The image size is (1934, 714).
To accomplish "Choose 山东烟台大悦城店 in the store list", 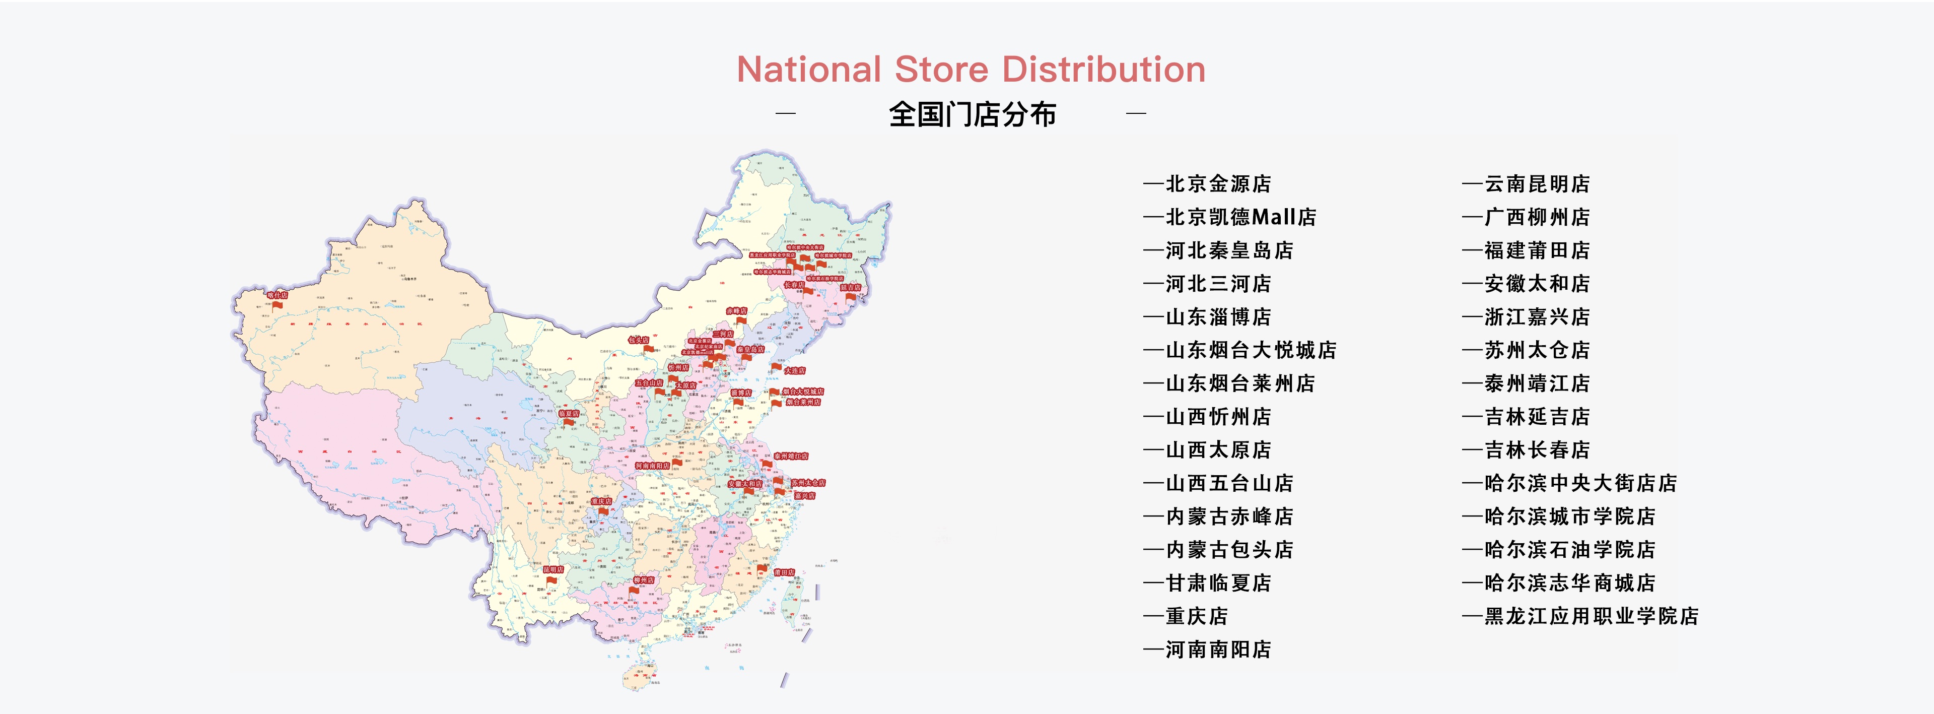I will pos(1250,350).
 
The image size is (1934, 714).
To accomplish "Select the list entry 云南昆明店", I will pos(1536,184).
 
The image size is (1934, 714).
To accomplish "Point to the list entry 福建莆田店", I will pos(1536,250).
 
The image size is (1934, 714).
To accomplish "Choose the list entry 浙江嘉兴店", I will pos(1536,317).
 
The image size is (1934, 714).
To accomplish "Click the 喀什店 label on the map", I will pos(277,295).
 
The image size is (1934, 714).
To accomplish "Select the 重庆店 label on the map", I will pos(601,501).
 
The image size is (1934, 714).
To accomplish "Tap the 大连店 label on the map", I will pos(794,371).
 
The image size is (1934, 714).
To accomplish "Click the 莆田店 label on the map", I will pos(784,572).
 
